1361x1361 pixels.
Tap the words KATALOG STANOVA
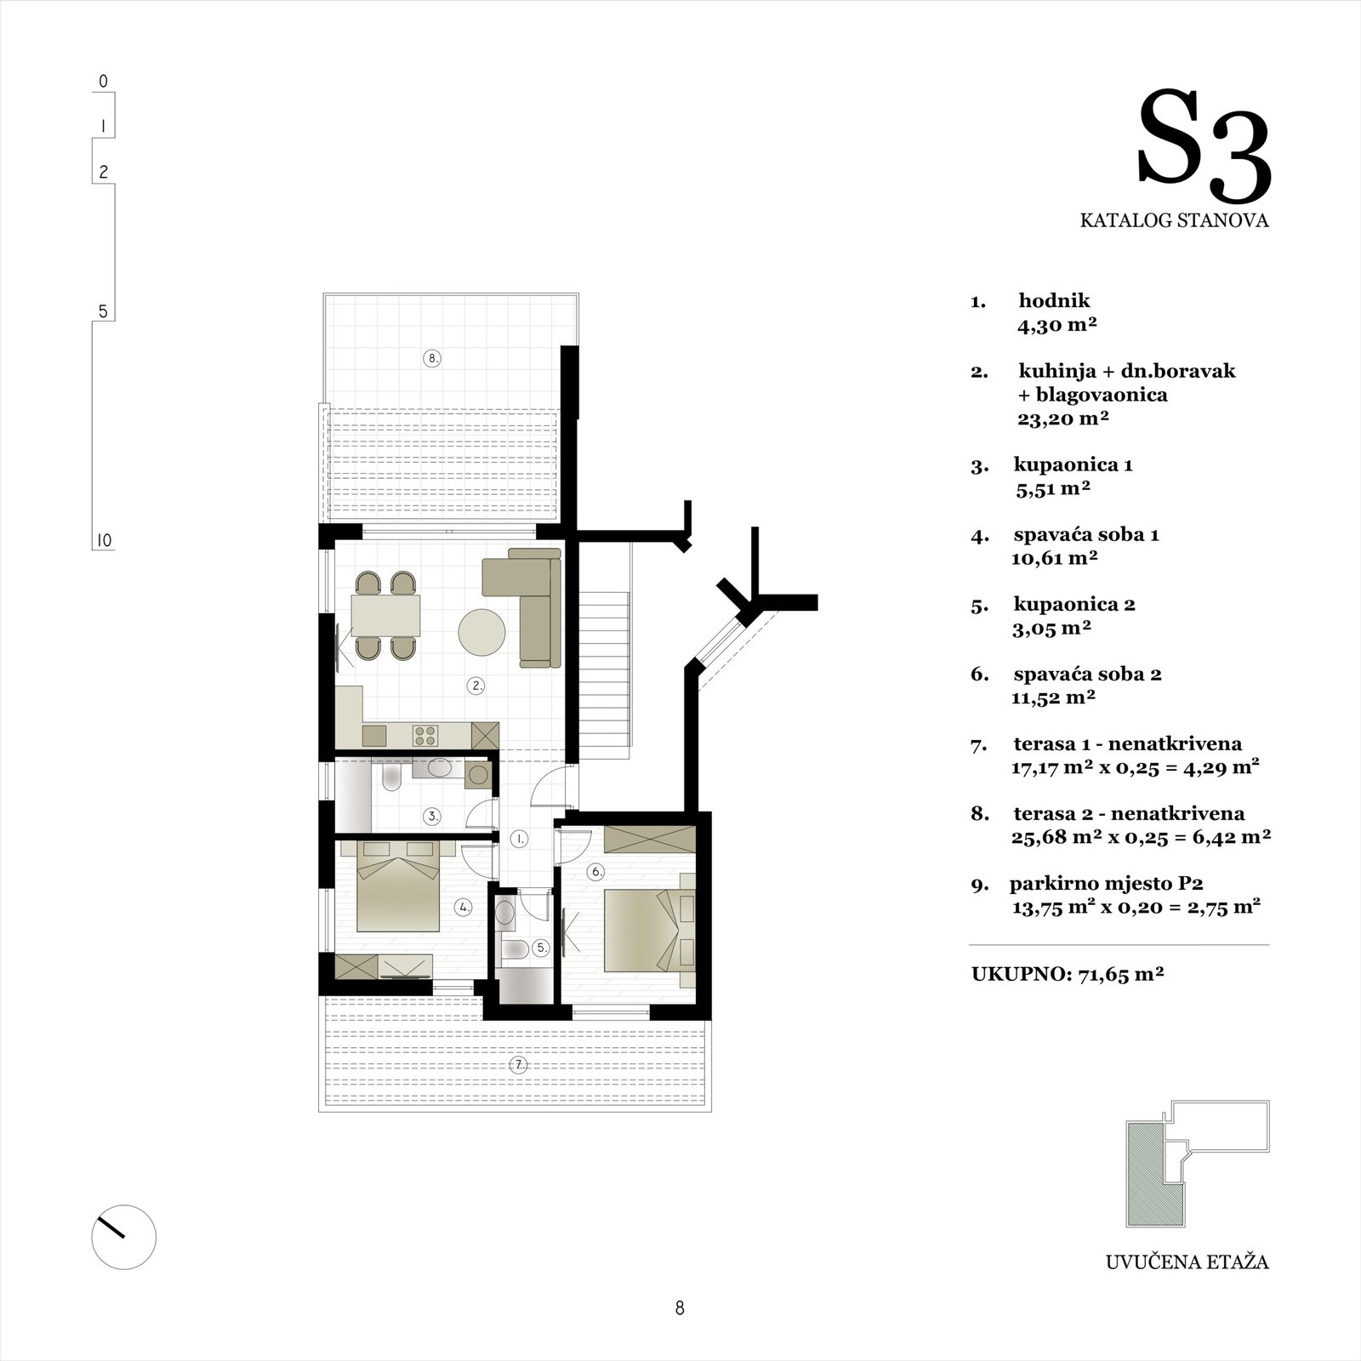1175,221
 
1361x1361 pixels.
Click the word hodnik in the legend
1054,300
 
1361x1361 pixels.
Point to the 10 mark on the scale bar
103,541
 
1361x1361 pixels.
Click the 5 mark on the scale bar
103,312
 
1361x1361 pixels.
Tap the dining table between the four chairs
386,617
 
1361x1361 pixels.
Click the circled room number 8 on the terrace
432,358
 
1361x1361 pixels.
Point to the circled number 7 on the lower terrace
517,1064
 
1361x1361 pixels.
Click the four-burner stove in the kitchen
424,734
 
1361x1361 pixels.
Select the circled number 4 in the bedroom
464,908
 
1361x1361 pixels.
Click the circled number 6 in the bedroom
596,871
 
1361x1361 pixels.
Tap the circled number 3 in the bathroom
433,817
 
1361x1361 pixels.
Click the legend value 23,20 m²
1064,419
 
